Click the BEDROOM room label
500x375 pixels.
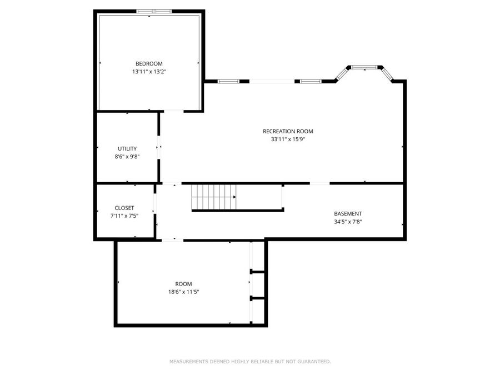pyautogui.click(x=149, y=64)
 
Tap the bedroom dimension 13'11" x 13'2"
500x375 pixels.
pyautogui.click(x=149, y=72)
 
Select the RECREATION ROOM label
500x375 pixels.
pyautogui.click(x=288, y=132)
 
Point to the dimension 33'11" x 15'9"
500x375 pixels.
pyautogui.click(x=288, y=139)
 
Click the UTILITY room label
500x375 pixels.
pyautogui.click(x=127, y=149)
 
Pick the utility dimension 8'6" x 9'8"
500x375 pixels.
pyautogui.click(x=127, y=157)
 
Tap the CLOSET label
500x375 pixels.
pyautogui.click(x=124, y=208)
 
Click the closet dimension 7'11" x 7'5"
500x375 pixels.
pyautogui.click(x=124, y=216)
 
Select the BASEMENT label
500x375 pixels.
pyautogui.click(x=348, y=214)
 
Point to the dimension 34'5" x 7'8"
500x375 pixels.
pyautogui.click(x=348, y=222)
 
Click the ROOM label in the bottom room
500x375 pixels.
pyautogui.click(x=183, y=284)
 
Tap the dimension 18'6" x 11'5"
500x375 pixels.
pyautogui.click(x=183, y=292)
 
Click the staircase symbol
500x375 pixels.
pyautogui.click(x=214, y=197)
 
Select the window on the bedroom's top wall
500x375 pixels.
pyautogui.click(x=154, y=11)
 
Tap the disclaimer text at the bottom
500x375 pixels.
pyautogui.click(x=250, y=362)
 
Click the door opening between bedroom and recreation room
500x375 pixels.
pyautogui.click(x=173, y=111)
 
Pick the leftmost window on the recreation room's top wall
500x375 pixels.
pyautogui.click(x=228, y=82)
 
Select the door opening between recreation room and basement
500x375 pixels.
pyautogui.click(x=319, y=183)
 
